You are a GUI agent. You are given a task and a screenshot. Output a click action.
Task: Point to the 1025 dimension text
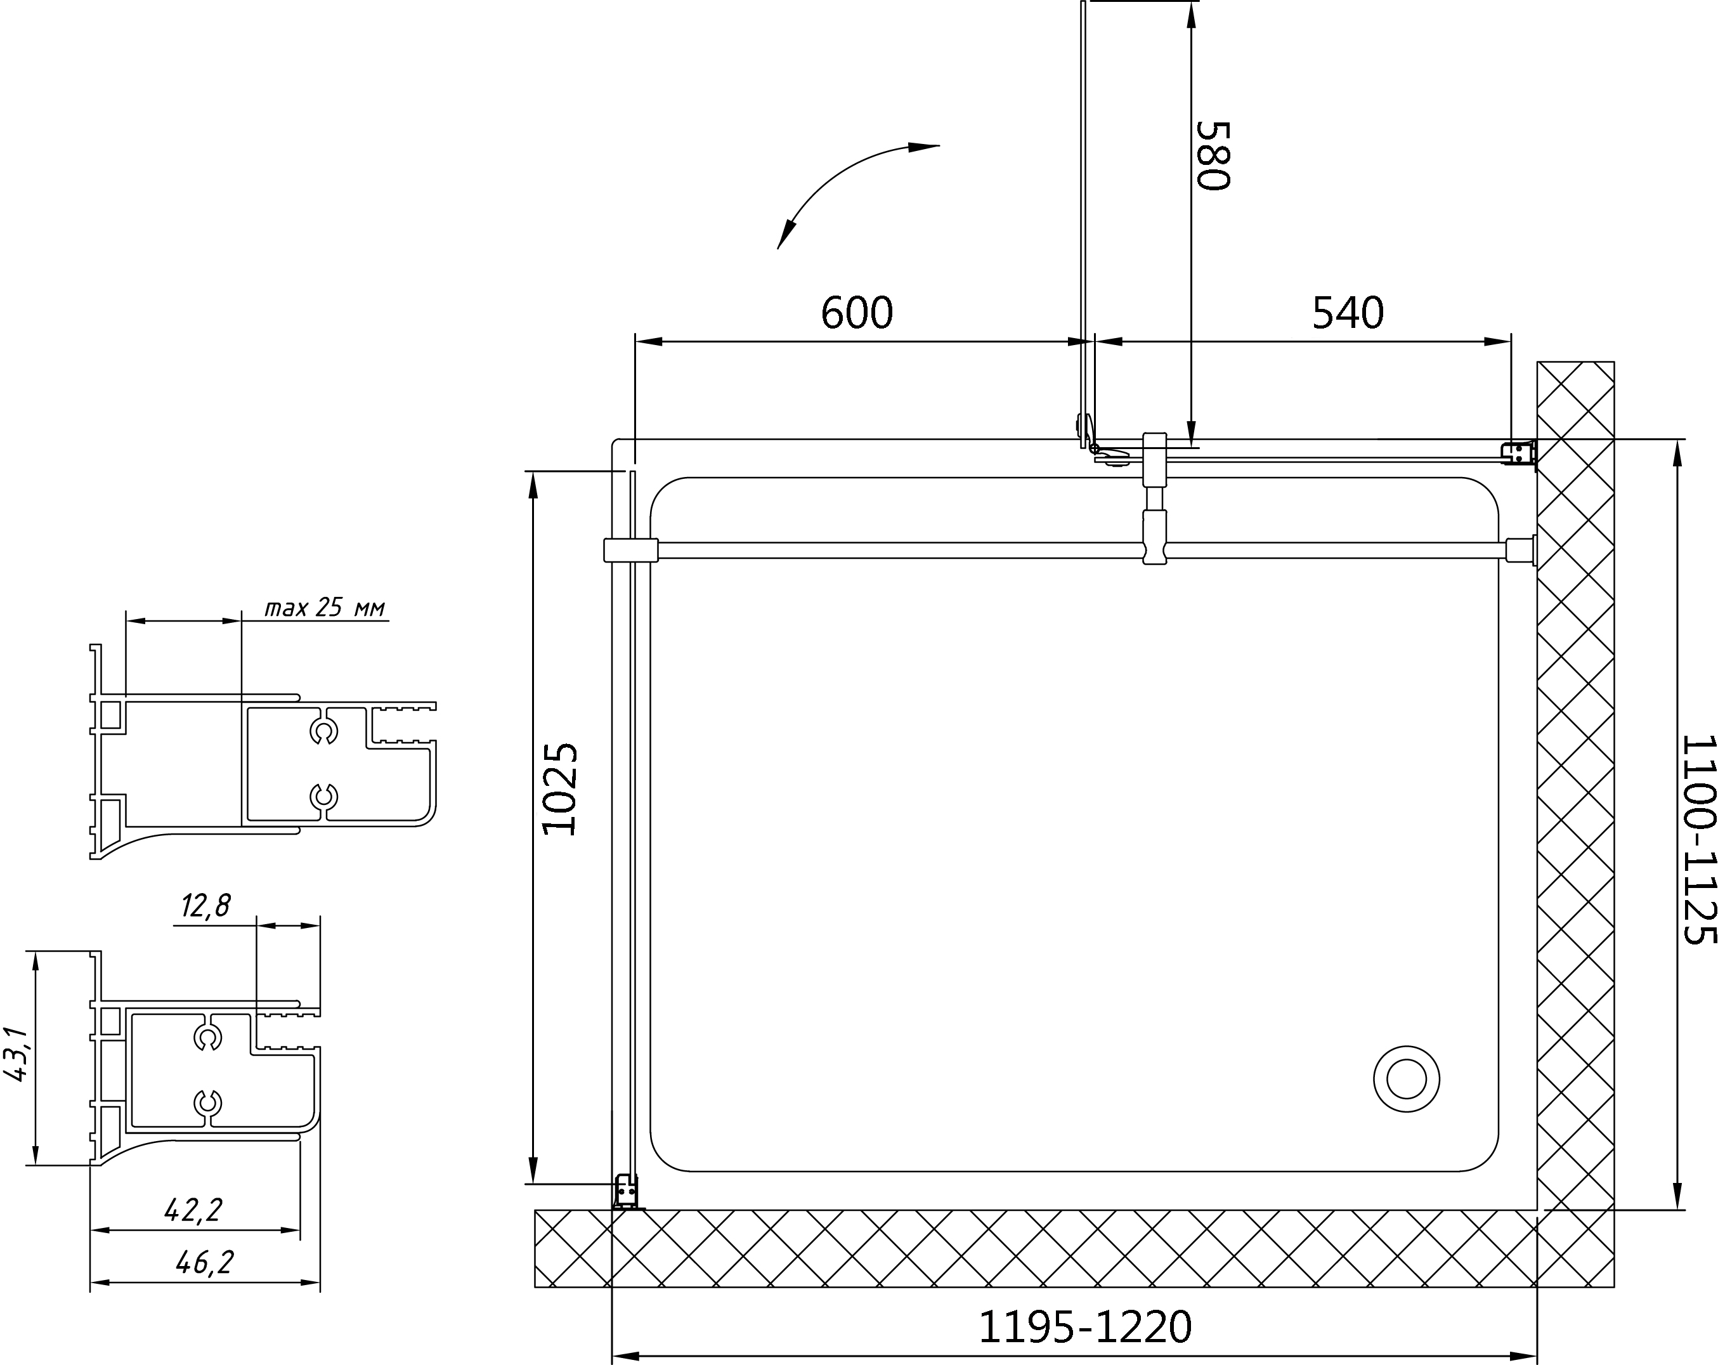(x=559, y=789)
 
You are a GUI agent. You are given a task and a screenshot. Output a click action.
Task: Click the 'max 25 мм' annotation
(x=325, y=608)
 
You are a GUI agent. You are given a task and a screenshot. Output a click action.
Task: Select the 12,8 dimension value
(x=205, y=906)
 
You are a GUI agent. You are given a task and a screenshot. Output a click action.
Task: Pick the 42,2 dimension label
(x=193, y=1210)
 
